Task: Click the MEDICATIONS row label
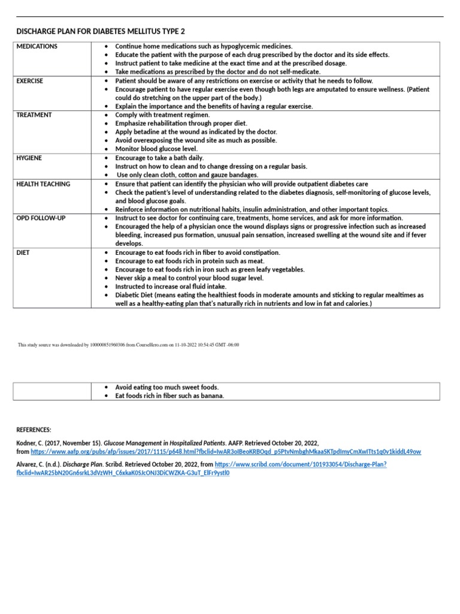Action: point(37,46)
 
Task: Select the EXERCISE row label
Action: point(30,80)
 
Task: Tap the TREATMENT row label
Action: point(34,115)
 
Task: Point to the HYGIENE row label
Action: point(29,158)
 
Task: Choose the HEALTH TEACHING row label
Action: point(43,184)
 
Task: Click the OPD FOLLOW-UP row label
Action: point(41,218)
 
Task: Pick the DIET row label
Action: point(23,253)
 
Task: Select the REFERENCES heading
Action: point(34,430)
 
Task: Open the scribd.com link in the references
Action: point(300,465)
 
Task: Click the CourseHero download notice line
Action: point(129,345)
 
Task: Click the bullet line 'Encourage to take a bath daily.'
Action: point(159,158)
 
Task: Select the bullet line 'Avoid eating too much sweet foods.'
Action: point(167,387)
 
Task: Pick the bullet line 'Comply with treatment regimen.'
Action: point(162,115)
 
